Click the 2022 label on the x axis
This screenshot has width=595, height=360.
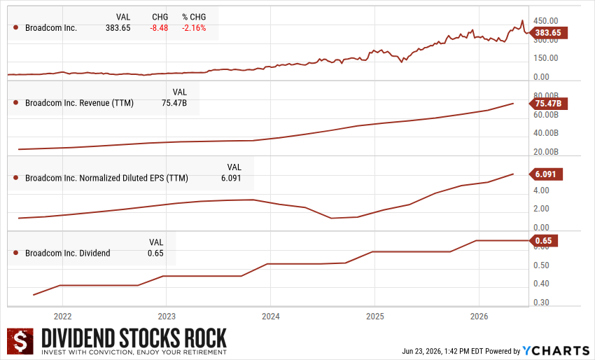coord(62,317)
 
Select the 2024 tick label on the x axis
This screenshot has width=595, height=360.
coord(271,317)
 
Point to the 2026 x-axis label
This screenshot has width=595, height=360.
coord(479,317)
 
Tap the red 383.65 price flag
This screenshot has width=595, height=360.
coord(547,33)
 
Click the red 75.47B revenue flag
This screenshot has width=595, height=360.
coord(548,103)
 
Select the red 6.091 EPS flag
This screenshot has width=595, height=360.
coord(546,174)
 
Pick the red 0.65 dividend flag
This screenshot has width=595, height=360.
coord(543,241)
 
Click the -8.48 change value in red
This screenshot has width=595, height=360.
coord(159,28)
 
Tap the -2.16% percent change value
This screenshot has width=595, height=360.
coord(194,28)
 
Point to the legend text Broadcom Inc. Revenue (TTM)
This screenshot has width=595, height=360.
coord(79,103)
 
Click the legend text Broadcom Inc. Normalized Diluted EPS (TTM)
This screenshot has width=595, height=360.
coord(106,178)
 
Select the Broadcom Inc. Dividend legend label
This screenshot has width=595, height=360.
coord(67,254)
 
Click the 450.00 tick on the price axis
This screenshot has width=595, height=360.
coord(546,21)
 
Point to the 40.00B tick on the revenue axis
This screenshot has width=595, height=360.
coord(546,133)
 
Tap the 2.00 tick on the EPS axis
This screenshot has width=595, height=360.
coord(541,209)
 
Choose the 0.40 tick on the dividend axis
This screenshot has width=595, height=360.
coord(541,283)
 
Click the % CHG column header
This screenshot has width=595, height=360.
coord(194,17)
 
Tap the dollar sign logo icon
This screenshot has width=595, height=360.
coord(20,340)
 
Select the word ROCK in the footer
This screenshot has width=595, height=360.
coord(206,338)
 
